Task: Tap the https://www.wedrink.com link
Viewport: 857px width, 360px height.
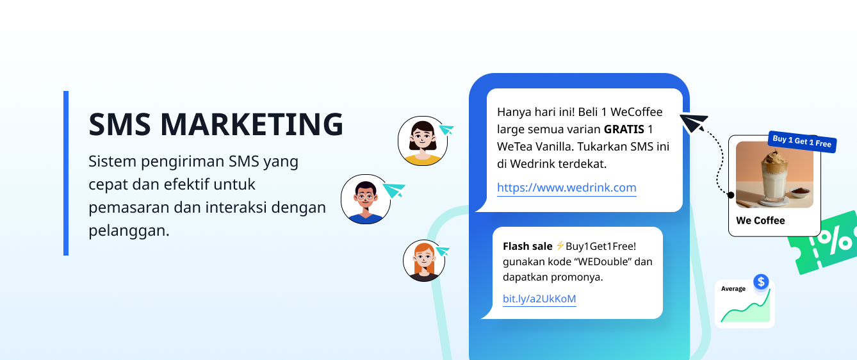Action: point(566,188)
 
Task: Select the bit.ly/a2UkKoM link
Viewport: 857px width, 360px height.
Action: point(539,299)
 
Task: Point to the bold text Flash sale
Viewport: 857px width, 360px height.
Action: point(527,246)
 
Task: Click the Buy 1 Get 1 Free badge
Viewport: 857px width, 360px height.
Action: point(802,141)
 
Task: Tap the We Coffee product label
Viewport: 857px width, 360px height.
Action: point(760,220)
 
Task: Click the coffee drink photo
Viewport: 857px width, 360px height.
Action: point(774,174)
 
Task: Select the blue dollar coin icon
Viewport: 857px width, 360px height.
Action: point(761,281)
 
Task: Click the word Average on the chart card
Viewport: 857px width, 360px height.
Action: point(733,289)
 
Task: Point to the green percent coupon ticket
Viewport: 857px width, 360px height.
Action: point(826,242)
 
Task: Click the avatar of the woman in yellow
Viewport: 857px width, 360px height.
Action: point(422,141)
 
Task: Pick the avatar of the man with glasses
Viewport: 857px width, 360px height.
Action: point(365,199)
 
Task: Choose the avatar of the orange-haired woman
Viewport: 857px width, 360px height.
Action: point(423,260)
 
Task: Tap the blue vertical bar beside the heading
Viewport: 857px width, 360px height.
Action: point(66,173)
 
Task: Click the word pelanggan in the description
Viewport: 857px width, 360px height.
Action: point(129,230)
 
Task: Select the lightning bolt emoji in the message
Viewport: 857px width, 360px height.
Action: point(560,246)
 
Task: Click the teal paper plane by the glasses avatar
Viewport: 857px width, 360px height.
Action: point(395,190)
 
